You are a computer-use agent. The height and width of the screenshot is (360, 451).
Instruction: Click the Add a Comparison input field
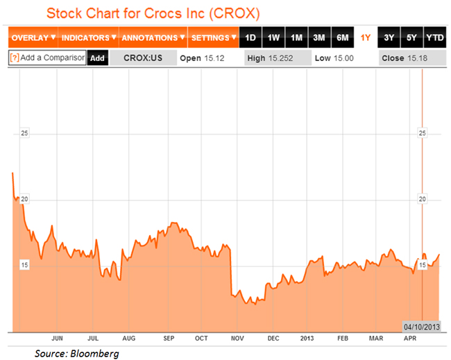click(x=47, y=58)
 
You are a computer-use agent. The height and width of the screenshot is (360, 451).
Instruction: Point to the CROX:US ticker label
click(x=142, y=58)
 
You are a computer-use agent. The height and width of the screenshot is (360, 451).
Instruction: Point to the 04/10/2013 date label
click(x=422, y=325)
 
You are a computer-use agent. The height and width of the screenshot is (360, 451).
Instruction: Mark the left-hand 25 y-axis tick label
click(x=24, y=133)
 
